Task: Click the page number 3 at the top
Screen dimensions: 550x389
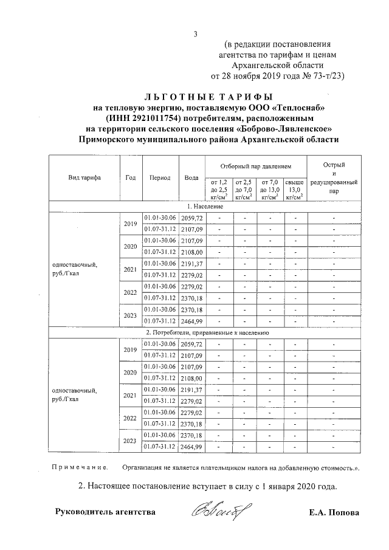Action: (195, 33)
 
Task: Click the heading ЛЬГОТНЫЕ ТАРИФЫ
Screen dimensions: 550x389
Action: (209, 97)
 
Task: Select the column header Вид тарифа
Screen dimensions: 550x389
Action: (84, 178)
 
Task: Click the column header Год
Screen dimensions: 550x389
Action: (130, 178)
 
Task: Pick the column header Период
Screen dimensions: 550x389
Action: (160, 178)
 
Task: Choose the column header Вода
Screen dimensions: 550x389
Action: (191, 178)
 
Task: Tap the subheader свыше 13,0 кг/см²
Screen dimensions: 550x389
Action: (294, 189)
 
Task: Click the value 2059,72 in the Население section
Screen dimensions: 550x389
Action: (191, 218)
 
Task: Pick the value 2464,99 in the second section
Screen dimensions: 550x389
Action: (191, 447)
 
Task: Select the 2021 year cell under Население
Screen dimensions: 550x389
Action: (130, 269)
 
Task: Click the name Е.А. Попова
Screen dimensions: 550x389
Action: (334, 512)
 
